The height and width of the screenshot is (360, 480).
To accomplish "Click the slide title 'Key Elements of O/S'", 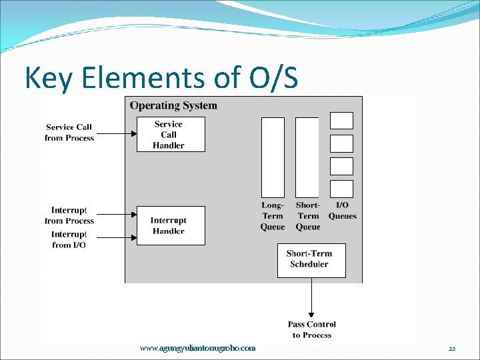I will pos(161,78).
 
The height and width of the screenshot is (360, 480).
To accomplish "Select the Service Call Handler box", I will pos(171,134).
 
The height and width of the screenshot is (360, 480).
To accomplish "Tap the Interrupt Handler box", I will pos(171,225).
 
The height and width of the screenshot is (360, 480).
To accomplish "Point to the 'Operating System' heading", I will pos(173,105).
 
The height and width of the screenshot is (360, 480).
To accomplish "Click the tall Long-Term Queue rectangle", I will pos(273,157).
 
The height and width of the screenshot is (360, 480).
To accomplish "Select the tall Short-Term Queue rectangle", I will pos(307,157).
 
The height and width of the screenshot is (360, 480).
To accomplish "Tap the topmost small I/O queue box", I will pos(342,121).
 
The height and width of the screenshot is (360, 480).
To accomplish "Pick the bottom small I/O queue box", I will pos(342,189).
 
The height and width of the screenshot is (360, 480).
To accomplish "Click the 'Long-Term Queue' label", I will pos(273,216).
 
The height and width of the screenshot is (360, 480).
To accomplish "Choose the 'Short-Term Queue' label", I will pos(307,216).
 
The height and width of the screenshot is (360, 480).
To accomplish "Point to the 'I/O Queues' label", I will pos(342,211).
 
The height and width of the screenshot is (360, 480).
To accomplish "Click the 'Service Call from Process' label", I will pos(69,132).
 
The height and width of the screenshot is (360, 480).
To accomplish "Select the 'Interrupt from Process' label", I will pos(69,215).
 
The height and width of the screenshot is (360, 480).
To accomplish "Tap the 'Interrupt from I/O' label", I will pos(69,239).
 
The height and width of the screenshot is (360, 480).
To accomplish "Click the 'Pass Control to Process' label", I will pos(312,329).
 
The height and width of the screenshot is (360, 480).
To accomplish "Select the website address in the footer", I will pos(197,348).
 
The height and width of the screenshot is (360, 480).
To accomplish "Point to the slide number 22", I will pos(452,349).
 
